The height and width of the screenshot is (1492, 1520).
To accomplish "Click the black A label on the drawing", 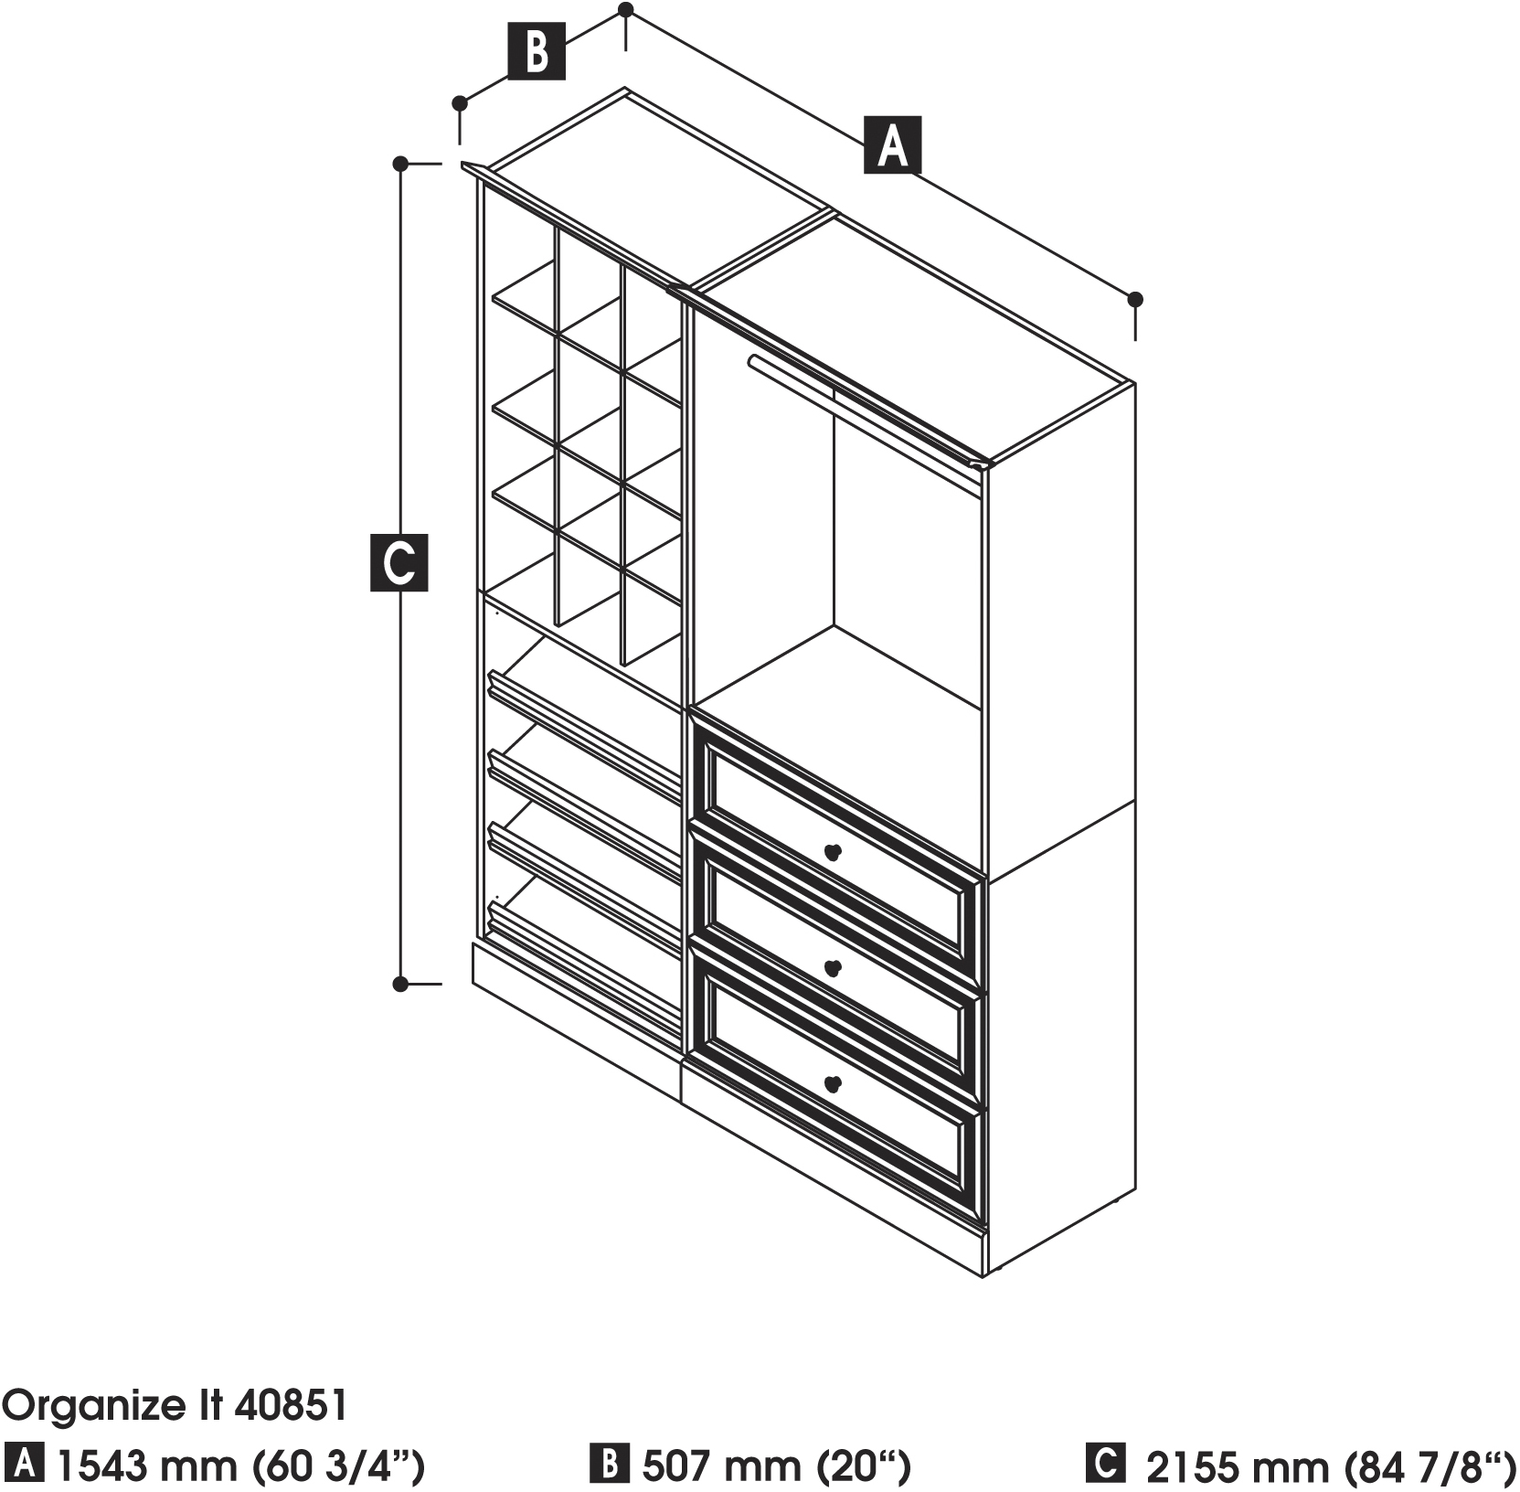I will [892, 145].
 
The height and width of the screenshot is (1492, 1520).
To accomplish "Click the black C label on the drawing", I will [399, 562].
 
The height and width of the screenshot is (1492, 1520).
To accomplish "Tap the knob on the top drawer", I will [832, 852].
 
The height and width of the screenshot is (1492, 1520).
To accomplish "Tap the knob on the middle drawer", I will [832, 967].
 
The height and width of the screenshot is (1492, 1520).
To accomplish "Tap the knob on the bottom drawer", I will [832, 1083].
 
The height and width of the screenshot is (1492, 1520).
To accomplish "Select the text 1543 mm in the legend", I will [146, 1465].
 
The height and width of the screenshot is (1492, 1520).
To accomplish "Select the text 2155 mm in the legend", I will [1237, 1465].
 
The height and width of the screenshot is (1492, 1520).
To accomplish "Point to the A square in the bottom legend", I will [24, 1465].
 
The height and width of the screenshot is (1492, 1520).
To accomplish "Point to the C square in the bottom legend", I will [1105, 1463].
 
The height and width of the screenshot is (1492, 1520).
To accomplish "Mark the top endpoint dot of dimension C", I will [399, 164].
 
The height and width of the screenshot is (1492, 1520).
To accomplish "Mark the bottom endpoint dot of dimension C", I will [399, 984].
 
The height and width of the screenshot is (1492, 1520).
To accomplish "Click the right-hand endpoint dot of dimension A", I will [1135, 299].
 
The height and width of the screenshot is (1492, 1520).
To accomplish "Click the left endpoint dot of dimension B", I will [461, 102].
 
